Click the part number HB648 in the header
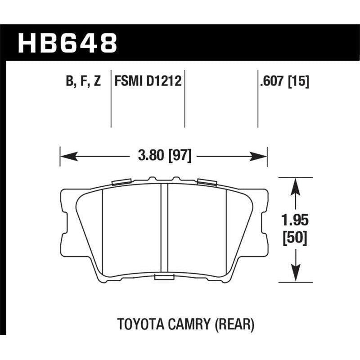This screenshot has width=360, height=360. pyautogui.click(x=67, y=44)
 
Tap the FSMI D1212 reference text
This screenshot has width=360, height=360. pyautogui.click(x=148, y=82)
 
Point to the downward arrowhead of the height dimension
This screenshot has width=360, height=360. pyautogui.click(x=295, y=272)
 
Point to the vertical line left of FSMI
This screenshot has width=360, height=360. pyautogui.click(x=111, y=99)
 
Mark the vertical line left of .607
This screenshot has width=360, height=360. pyautogui.click(x=257, y=99)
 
